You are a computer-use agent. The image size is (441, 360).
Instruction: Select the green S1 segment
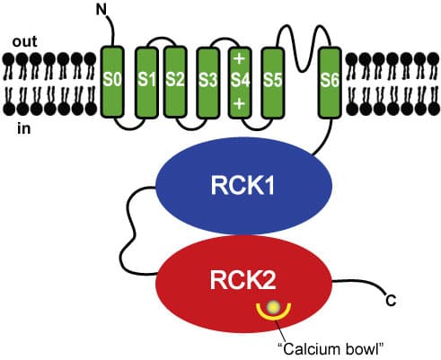[x=146, y=80]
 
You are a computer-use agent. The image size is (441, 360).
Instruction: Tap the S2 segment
[x=174, y=80]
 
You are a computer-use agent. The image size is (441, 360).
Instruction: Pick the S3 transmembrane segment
[x=208, y=80]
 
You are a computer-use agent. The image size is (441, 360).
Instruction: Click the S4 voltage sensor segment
[x=239, y=80]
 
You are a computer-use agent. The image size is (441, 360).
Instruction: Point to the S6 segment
[x=330, y=80]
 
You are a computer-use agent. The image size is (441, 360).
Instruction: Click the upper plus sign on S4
[x=239, y=59]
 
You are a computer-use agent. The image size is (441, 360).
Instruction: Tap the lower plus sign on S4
[x=239, y=103]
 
